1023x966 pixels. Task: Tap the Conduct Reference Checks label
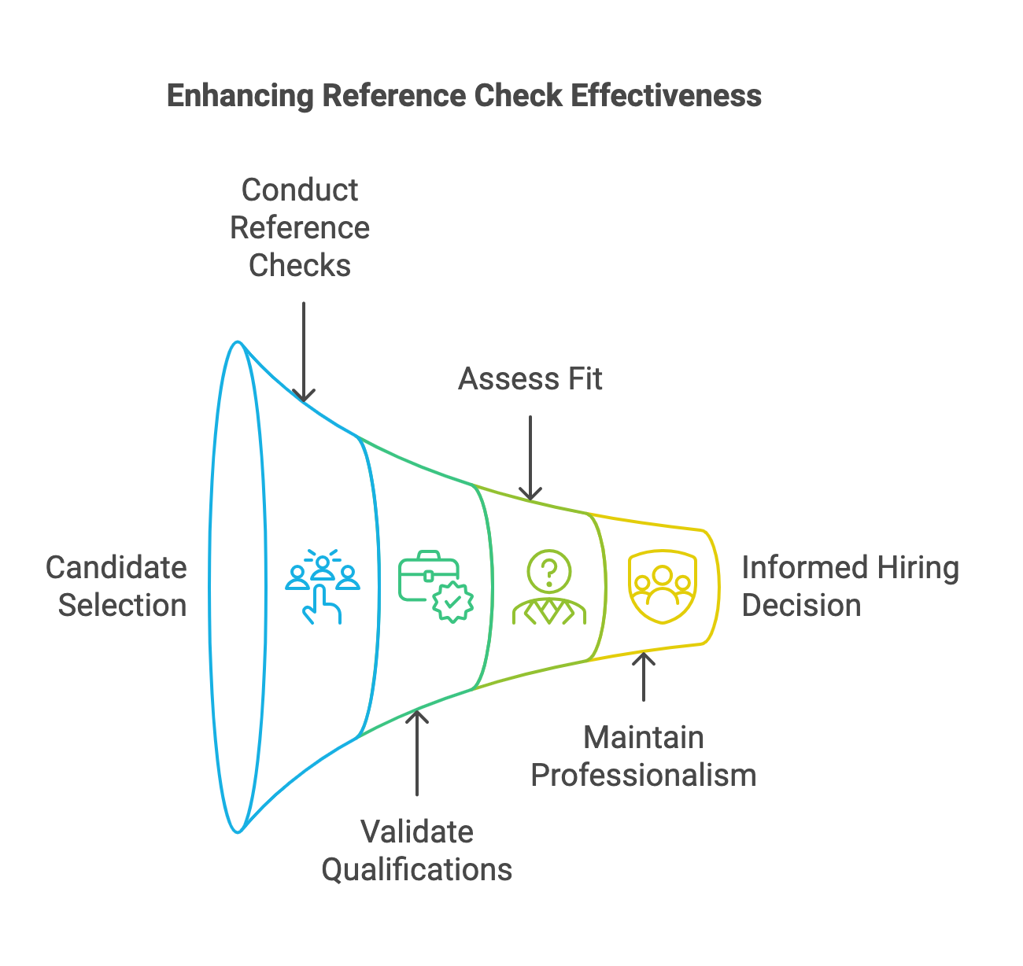pyautogui.click(x=300, y=227)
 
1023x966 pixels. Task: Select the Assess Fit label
pyautogui.click(x=530, y=379)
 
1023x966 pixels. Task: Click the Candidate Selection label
pyautogui.click(x=116, y=586)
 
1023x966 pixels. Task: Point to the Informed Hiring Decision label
pyautogui.click(x=850, y=586)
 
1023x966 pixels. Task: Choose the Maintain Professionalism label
pyautogui.click(x=643, y=756)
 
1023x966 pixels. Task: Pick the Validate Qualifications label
pyautogui.click(x=417, y=850)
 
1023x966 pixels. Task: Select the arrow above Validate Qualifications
pyautogui.click(x=417, y=752)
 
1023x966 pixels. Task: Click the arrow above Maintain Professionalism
pyautogui.click(x=644, y=677)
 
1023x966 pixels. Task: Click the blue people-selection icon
pyautogui.click(x=323, y=586)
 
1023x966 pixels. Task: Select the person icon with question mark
pyautogui.click(x=549, y=587)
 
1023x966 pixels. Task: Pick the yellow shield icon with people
pyautogui.click(x=663, y=586)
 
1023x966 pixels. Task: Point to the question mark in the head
pyautogui.click(x=549, y=570)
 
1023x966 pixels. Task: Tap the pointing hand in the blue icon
pyautogui.click(x=323, y=607)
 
